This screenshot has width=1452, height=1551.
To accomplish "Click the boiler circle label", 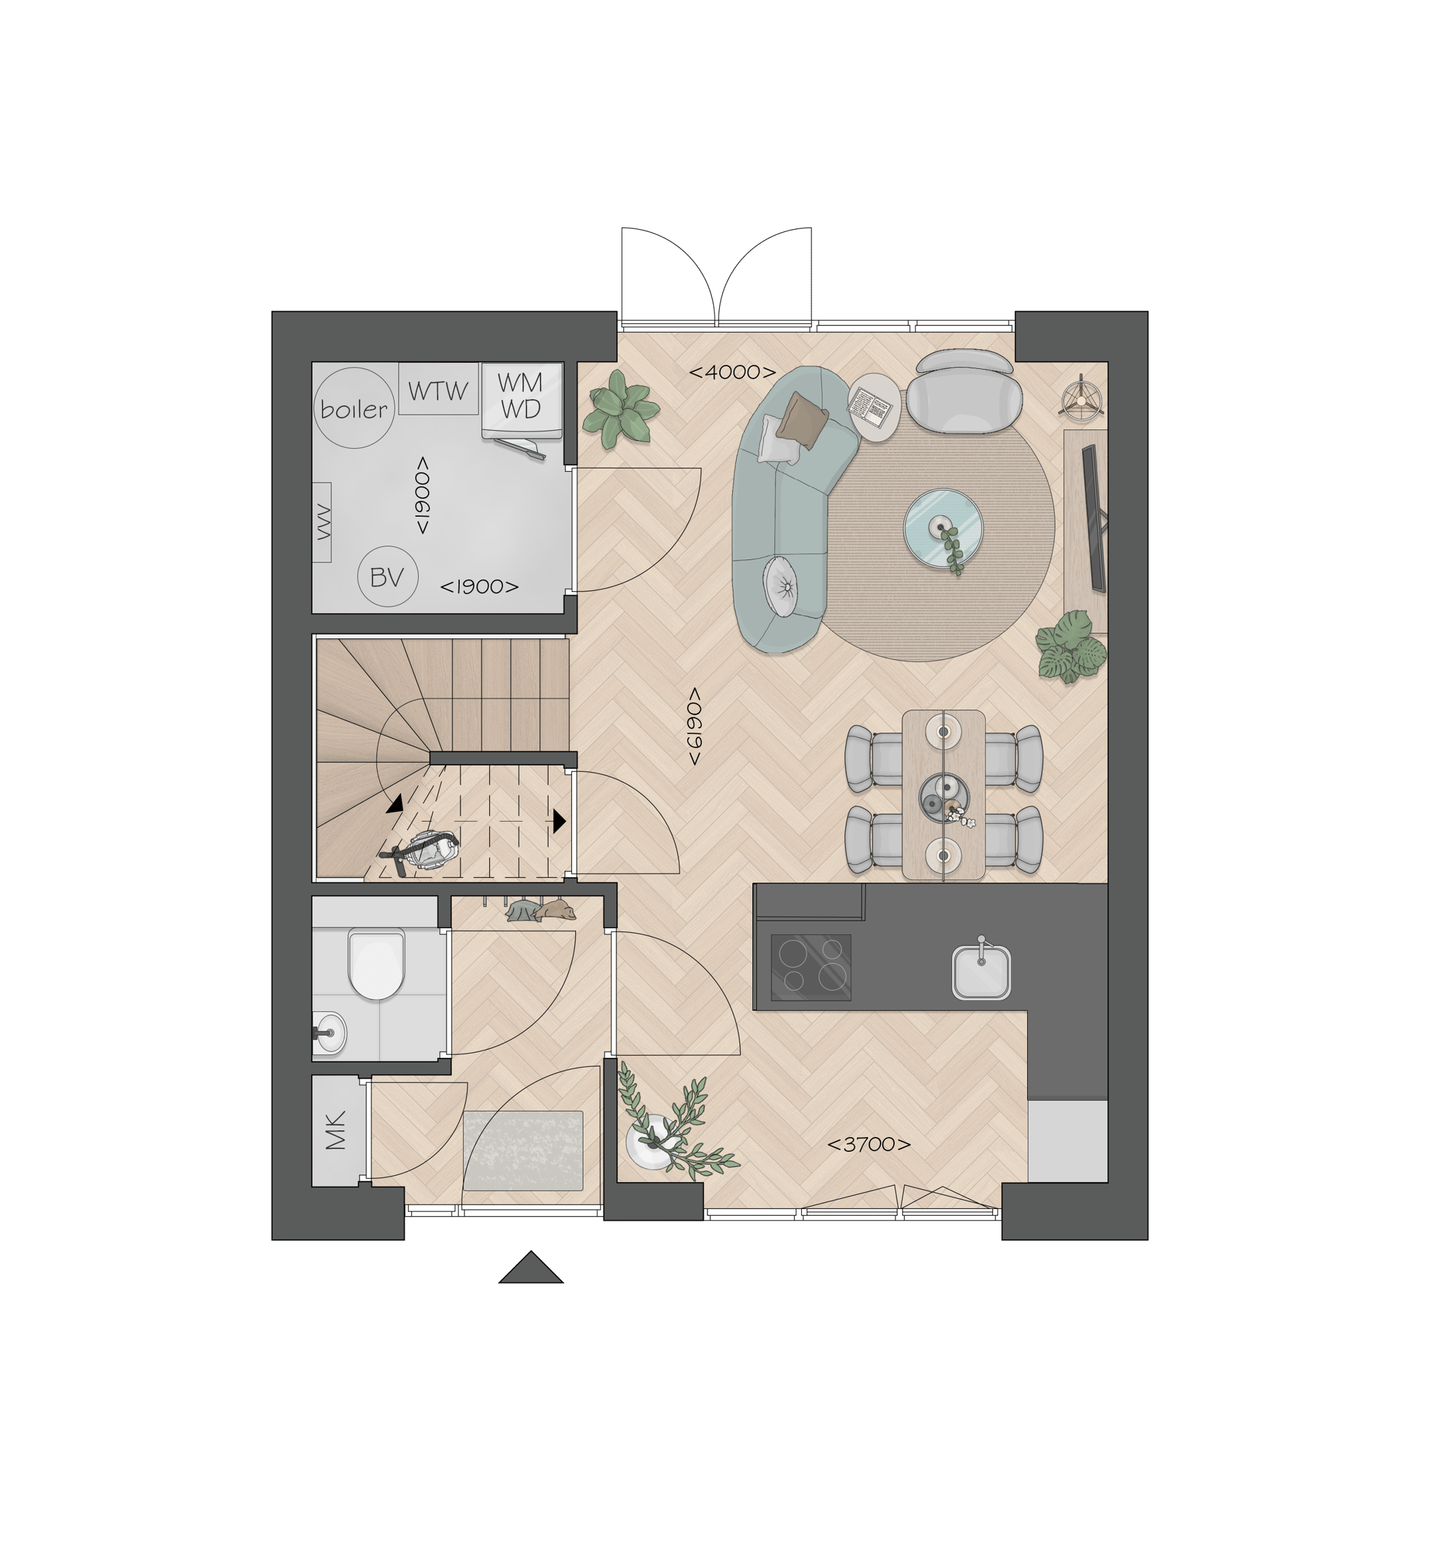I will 354,408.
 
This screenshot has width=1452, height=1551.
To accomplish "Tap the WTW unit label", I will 438,390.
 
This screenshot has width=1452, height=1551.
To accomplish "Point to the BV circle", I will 387,577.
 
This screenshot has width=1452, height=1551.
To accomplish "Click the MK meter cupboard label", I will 336,1130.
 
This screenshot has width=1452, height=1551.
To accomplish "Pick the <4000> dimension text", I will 732,372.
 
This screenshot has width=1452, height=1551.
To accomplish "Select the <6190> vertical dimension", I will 694,726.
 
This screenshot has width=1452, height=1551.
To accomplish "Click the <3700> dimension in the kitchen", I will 869,1144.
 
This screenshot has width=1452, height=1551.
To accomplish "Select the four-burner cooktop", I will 811,966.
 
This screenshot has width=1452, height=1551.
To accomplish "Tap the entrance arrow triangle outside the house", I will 530,1269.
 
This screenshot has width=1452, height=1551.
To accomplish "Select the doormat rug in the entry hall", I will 523,1150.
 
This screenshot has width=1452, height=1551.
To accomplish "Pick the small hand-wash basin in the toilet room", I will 329,1033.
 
